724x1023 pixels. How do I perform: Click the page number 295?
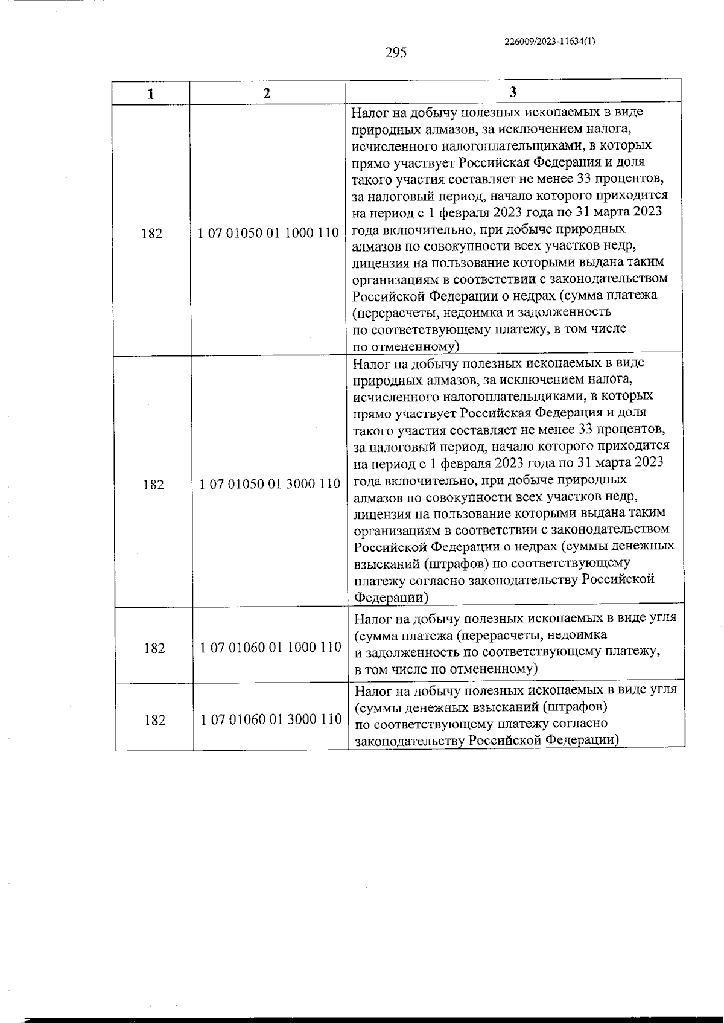[x=396, y=53]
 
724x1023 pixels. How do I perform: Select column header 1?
[x=151, y=94]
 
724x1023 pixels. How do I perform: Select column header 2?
[x=267, y=93]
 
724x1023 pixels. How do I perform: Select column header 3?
[x=512, y=92]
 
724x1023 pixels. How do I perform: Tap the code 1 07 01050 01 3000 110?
[x=270, y=484]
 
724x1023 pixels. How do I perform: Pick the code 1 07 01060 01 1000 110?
[x=271, y=648]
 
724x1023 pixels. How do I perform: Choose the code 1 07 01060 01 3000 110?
[x=271, y=719]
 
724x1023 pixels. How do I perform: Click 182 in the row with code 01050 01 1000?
[x=152, y=234]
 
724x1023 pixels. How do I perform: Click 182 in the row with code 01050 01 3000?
[x=153, y=485]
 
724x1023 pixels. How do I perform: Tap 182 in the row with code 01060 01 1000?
[x=154, y=648]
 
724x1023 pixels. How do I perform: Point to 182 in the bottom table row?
[x=155, y=720]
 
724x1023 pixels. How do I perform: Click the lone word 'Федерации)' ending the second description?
[x=391, y=598]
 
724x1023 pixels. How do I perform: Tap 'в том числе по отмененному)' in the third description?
[x=446, y=669]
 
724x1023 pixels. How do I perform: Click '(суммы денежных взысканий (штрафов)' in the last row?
[x=481, y=706]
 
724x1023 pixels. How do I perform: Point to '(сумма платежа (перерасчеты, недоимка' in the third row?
[x=481, y=635]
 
